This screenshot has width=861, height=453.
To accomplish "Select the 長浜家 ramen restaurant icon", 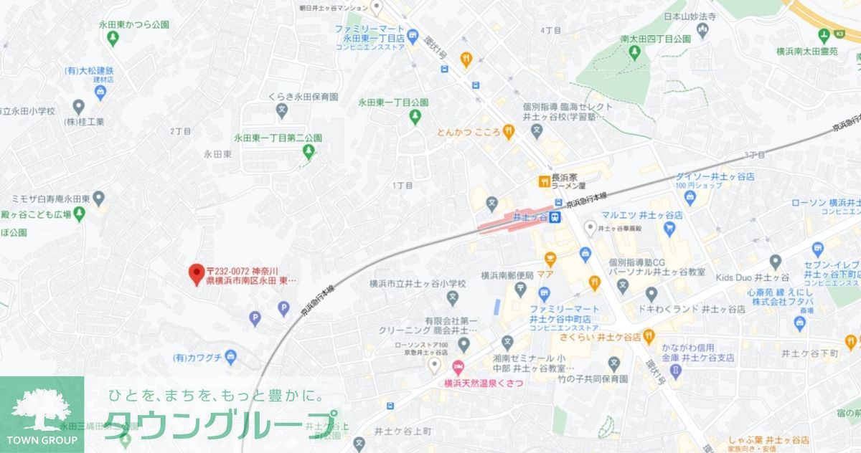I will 545,181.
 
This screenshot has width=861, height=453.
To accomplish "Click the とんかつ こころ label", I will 469,132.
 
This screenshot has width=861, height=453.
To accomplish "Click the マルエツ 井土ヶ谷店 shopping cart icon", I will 669,229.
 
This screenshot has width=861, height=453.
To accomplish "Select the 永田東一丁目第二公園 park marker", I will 309,151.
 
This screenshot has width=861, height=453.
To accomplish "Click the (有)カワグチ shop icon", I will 230,356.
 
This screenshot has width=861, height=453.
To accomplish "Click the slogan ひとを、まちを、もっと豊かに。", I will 214,396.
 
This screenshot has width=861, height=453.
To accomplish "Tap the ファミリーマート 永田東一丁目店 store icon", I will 412,35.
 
